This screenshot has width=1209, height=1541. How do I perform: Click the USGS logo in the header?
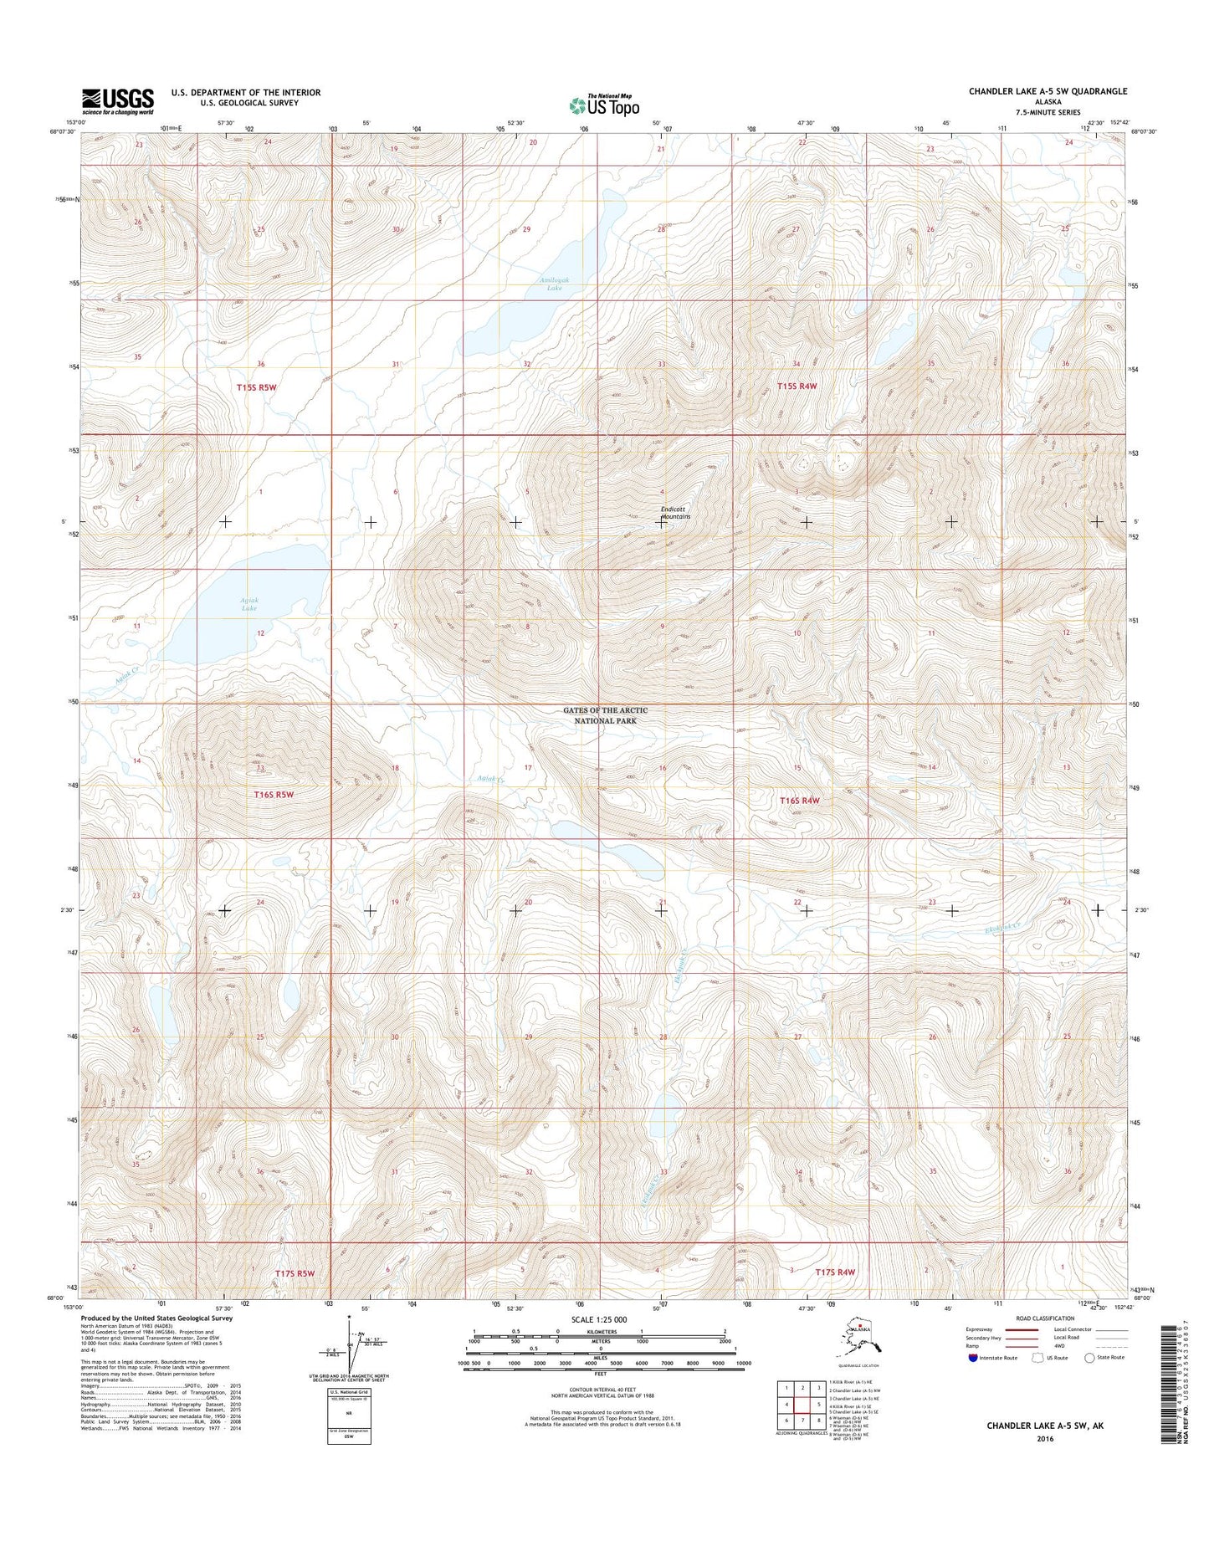coord(117,101)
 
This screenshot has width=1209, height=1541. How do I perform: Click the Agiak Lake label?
coord(248,604)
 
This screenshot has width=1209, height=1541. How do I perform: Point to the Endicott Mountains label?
coord(676,513)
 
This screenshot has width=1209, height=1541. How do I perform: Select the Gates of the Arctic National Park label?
coord(605,715)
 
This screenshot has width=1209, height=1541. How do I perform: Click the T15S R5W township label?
coord(256,387)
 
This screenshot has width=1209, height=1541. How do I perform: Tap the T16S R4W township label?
coord(799,801)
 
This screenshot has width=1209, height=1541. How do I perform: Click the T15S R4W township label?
coord(796,387)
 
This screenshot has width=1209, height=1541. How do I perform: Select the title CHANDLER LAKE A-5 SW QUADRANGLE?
coord(1048,91)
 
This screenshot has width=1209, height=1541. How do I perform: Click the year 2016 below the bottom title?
coord(1044,1439)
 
